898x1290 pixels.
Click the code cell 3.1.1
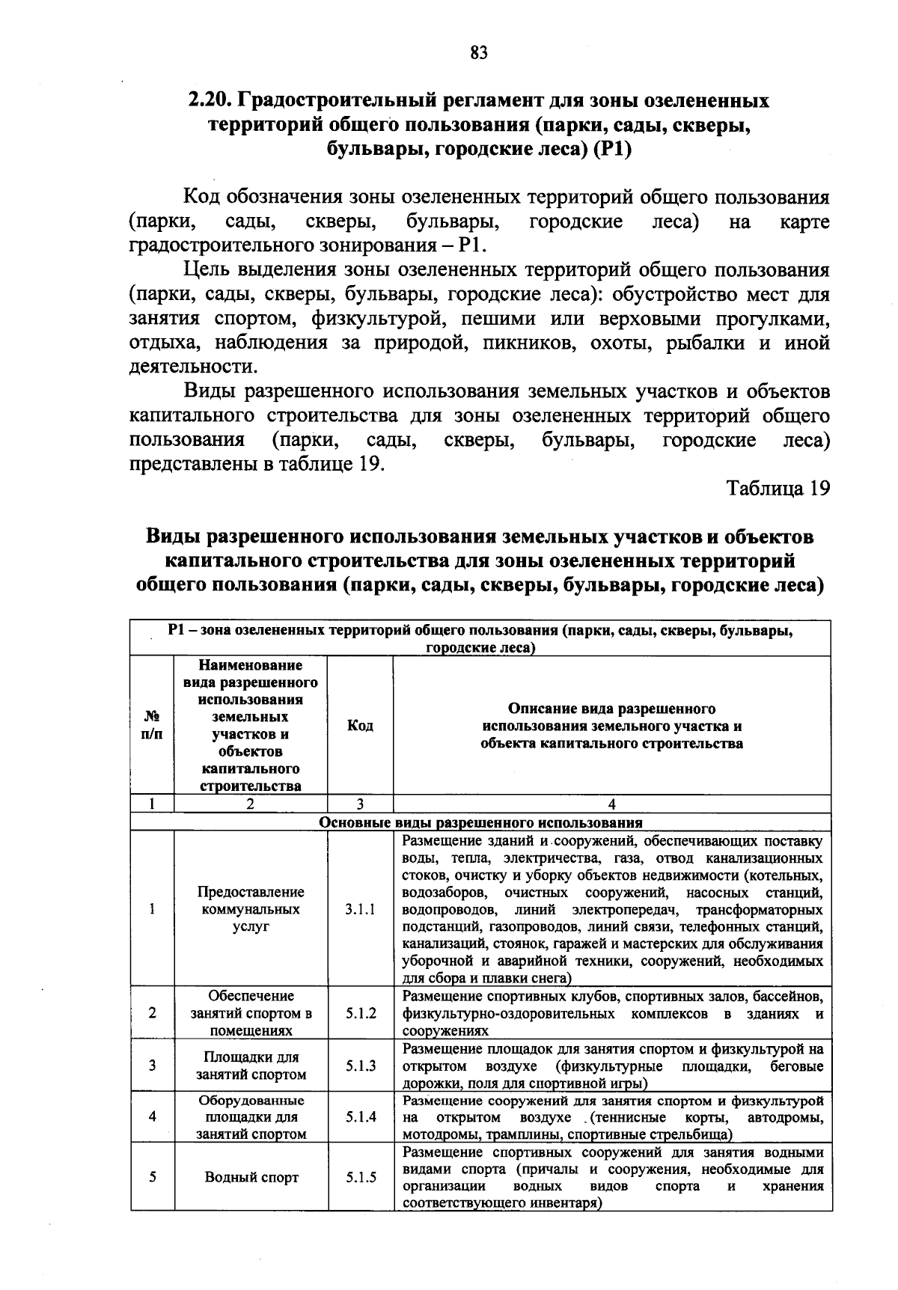[361, 909]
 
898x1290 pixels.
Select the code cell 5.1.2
[361, 1013]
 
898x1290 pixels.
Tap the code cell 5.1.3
[361, 1066]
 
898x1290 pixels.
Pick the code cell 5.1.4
[361, 1116]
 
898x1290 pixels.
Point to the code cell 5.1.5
[361, 1177]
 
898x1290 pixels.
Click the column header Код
[361, 726]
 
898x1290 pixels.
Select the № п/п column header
[152, 726]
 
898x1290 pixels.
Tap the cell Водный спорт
[251, 1177]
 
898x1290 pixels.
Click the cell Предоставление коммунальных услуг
[251, 909]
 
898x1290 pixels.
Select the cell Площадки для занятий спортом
[251, 1066]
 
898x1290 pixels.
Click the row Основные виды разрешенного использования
[480, 822]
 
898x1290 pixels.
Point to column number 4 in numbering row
[612, 804]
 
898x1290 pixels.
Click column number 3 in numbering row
[361, 804]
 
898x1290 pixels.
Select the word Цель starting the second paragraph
[210, 270]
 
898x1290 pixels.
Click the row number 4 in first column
[152, 1116]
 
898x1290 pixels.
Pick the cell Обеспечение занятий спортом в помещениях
[251, 1013]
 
